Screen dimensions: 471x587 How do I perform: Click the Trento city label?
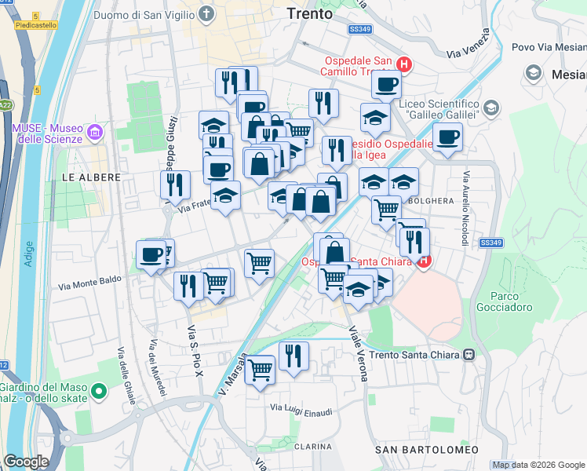309,14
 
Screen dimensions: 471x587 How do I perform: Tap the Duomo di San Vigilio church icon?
206,14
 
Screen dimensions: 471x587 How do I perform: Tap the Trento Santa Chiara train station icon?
469,354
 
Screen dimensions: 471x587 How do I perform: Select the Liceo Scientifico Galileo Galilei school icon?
491,108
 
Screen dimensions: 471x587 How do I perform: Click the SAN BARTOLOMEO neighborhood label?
426,449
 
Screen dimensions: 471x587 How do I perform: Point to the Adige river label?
29,254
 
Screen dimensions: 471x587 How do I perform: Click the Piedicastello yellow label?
36,25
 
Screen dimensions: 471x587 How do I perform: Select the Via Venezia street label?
469,43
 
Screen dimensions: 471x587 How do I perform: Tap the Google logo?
27,462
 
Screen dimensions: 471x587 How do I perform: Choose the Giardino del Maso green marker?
98,391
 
